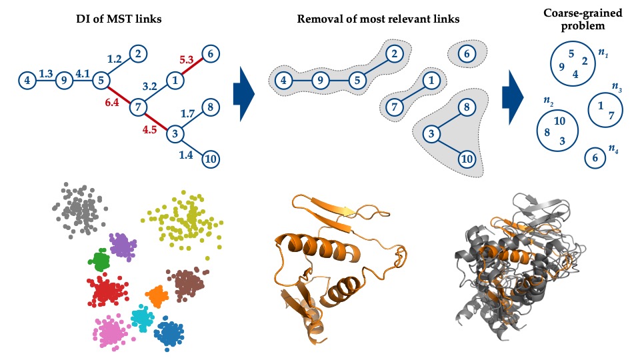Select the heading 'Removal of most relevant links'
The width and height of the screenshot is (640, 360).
[378, 17]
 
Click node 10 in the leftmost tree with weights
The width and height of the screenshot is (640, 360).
[210, 159]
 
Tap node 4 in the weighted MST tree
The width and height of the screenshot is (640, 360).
[27, 81]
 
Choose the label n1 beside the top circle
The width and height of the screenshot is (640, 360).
[603, 52]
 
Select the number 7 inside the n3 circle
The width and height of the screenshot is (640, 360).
[611, 115]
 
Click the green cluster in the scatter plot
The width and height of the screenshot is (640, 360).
[101, 258]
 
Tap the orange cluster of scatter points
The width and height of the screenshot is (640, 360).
[157, 294]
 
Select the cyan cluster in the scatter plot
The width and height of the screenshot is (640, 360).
[141, 318]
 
